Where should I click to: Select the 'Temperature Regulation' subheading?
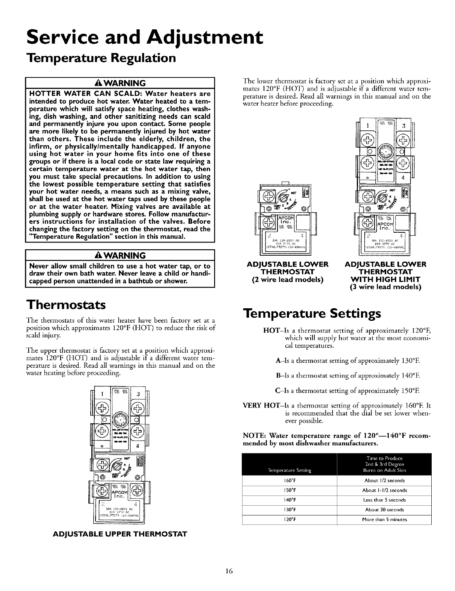[x=100, y=58]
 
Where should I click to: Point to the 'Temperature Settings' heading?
[x=312, y=314]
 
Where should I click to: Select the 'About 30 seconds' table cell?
[x=384, y=510]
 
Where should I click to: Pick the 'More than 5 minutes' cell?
[x=384, y=520]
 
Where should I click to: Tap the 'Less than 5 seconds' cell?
[x=384, y=500]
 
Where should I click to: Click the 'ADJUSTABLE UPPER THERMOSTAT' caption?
[x=119, y=533]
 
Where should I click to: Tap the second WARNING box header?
[x=119, y=256]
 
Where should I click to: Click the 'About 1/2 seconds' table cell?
[x=384, y=480]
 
